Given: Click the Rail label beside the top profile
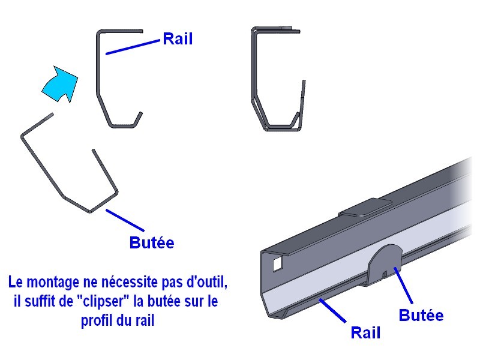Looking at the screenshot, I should click(178, 40).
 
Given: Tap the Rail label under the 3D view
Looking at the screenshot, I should click(365, 332).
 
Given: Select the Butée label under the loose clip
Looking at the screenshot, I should click(152, 243).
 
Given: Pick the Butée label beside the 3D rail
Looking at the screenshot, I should click(421, 315).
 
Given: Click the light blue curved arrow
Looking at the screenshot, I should click(60, 83).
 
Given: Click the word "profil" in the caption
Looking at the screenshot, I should click(97, 321).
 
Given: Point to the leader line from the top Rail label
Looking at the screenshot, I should click(133, 47).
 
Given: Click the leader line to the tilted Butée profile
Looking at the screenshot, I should click(125, 220).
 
